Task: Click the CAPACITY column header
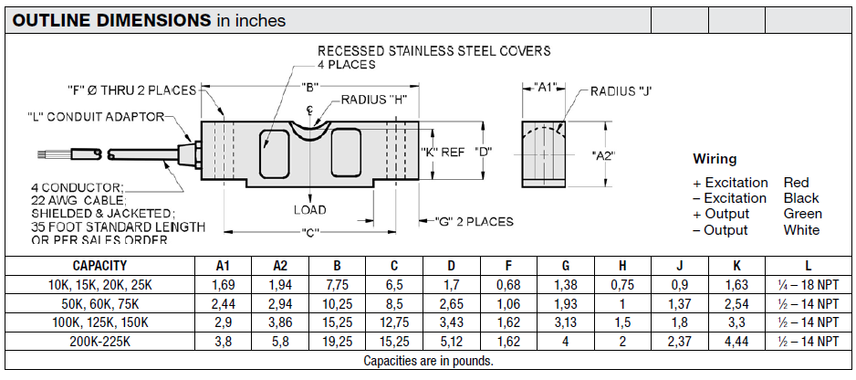coord(99,266)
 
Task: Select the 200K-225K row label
coord(99,341)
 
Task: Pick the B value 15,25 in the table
coord(338,322)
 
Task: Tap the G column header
coord(565,266)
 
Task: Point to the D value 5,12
coord(452,341)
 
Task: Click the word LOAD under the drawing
coord(309,209)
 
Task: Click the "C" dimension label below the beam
coord(310,233)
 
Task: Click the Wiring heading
coord(715,159)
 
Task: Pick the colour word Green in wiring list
coord(802,214)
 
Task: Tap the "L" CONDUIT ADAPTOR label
coord(96,116)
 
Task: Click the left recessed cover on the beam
coord(273,153)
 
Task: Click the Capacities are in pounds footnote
coord(428,361)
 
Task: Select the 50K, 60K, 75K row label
coord(99,303)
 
